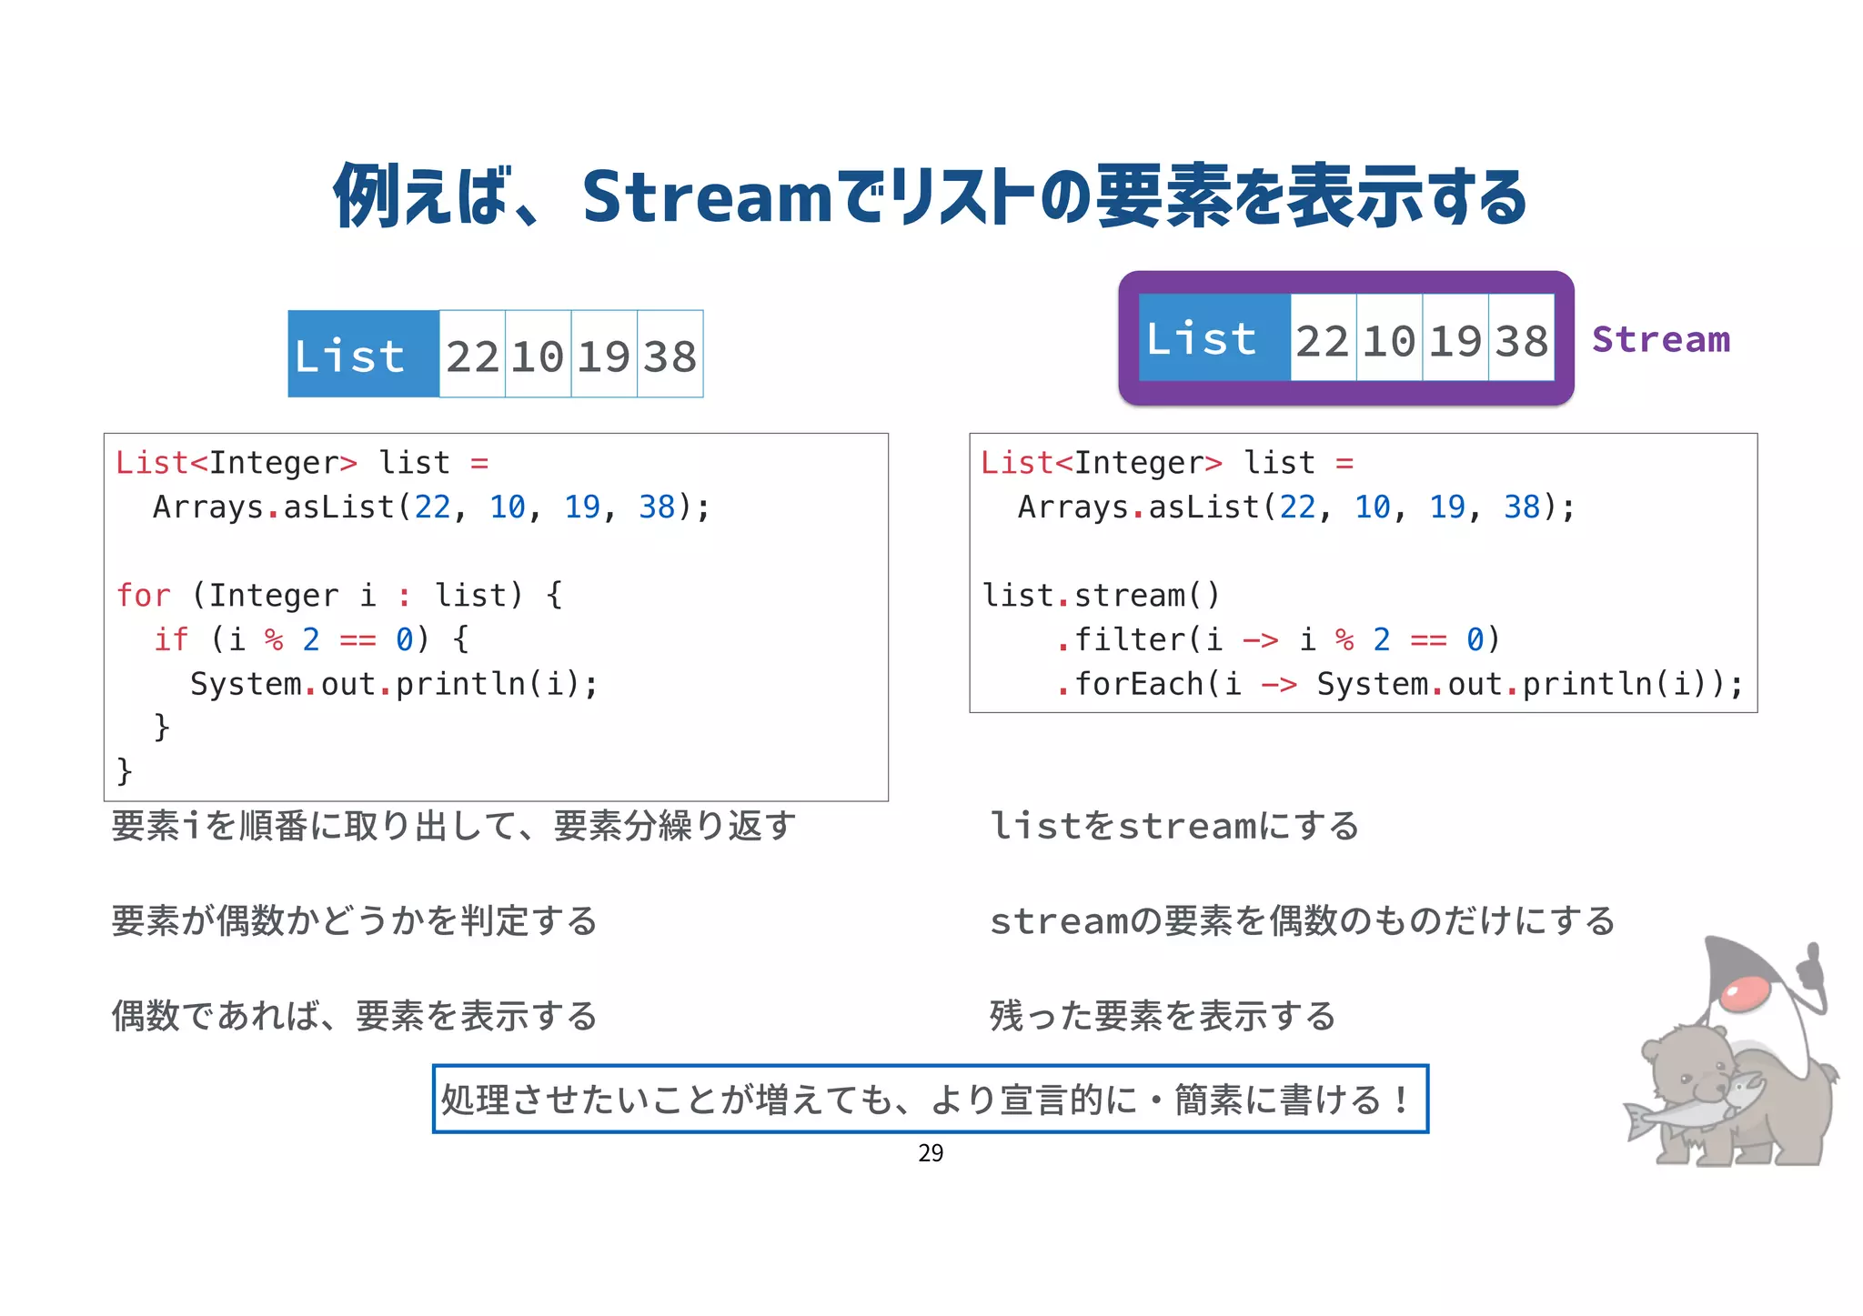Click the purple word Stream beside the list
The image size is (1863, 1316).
(1660, 339)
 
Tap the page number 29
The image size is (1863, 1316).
(931, 1153)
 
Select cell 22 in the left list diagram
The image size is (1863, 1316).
(472, 355)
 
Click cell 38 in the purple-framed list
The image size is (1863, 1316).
(1521, 340)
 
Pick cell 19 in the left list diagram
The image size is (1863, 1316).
(604, 355)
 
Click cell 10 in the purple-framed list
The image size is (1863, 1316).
(1389, 340)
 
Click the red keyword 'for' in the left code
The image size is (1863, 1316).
(143, 596)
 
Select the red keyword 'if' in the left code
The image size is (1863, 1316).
(171, 639)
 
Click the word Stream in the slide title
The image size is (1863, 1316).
(707, 197)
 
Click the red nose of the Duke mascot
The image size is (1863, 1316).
(1745, 994)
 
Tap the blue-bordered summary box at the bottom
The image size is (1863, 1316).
(930, 1099)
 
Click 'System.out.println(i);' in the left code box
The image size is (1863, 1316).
(394, 684)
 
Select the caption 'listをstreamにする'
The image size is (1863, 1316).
(1173, 826)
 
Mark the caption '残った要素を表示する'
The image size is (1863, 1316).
(1163, 1016)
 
